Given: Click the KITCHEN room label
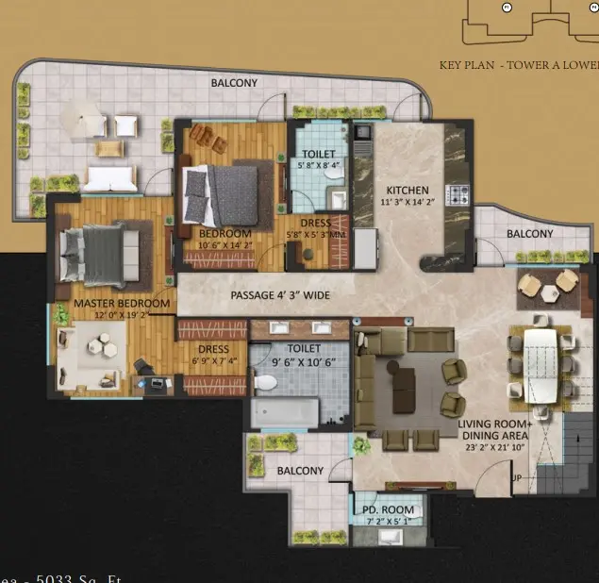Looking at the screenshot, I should (x=407, y=190).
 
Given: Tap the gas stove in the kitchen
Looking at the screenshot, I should (x=458, y=196).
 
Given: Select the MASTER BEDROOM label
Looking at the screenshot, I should (x=123, y=303).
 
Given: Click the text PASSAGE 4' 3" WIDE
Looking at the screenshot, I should (x=280, y=295).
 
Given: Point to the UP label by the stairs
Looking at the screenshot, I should (x=515, y=478).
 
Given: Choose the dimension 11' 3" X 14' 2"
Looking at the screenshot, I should (x=408, y=201).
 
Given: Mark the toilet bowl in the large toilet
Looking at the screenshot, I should (x=268, y=382).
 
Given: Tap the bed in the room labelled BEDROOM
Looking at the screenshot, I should (x=227, y=193).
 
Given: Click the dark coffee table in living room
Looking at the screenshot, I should (x=404, y=381).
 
